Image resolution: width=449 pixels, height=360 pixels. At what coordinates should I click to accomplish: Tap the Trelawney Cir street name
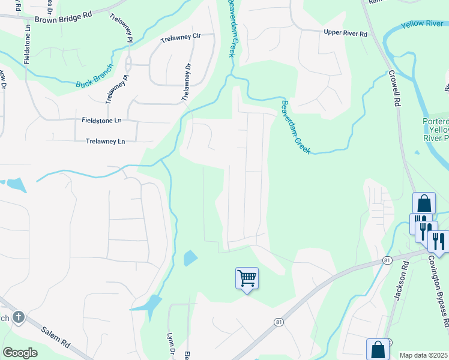[179, 37]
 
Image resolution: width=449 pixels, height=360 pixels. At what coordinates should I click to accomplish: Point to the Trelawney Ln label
[105, 142]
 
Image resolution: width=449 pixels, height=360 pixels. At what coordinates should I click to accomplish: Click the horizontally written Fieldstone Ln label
[101, 120]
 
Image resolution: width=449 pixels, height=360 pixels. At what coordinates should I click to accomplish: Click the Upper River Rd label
[345, 33]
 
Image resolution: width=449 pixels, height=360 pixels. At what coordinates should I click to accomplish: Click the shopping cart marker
[247, 278]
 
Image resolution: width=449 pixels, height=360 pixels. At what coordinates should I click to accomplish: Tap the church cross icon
[19, 317]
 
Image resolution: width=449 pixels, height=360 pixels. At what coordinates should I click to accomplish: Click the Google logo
[20, 352]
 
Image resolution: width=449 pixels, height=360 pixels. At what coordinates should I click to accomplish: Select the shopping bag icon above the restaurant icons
[424, 203]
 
